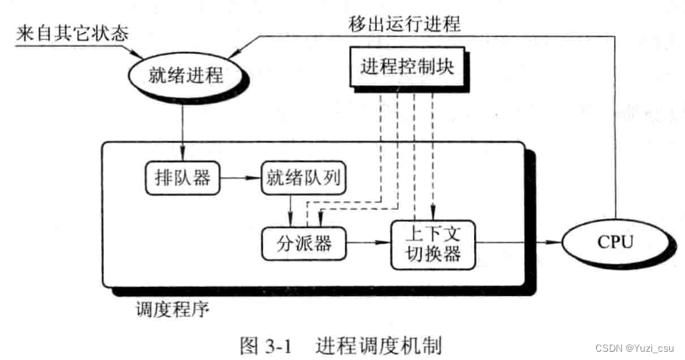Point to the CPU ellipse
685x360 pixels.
[x=613, y=243]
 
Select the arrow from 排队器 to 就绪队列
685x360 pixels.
[x=237, y=179]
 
